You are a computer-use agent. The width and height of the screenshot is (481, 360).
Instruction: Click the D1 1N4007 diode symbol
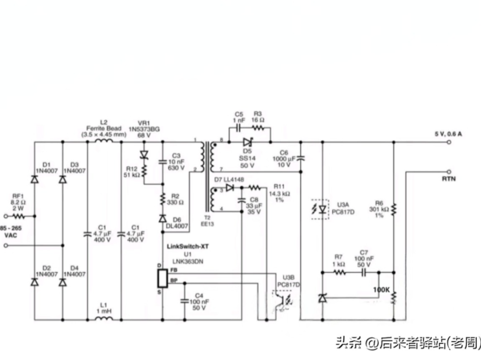(34, 179)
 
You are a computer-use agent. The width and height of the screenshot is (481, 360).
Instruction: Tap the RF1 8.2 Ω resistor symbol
(19, 217)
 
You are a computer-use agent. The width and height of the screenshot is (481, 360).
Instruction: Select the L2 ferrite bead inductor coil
(104, 142)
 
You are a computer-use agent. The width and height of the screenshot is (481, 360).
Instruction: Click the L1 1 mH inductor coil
(104, 319)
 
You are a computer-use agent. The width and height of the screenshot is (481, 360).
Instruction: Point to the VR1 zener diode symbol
(144, 155)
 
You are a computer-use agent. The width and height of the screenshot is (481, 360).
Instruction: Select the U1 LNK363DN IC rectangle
(162, 278)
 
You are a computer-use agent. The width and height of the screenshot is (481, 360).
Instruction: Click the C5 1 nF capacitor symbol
(238, 128)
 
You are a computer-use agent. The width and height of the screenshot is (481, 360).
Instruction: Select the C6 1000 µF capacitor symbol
(300, 158)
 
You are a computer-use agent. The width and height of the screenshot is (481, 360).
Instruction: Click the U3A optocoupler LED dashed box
(322, 209)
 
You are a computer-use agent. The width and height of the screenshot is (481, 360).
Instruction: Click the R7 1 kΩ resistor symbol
(340, 272)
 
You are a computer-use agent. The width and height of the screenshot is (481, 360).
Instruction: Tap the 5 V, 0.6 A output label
(448, 133)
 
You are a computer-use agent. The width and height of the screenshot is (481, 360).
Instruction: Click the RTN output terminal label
(448, 179)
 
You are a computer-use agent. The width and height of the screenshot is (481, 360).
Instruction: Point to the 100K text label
(382, 290)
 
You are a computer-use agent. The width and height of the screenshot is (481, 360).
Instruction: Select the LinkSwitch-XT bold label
(188, 246)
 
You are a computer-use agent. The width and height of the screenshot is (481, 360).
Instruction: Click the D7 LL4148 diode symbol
(229, 188)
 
